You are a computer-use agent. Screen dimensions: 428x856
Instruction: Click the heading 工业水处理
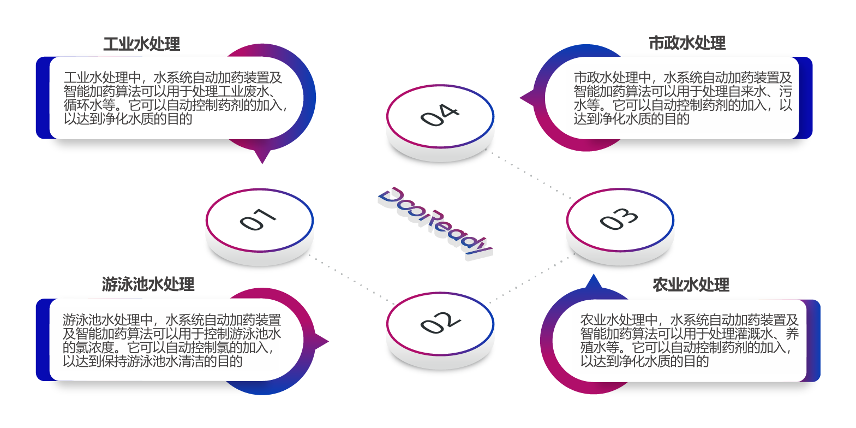click(x=142, y=44)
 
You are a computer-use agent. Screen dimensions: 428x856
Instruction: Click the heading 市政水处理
click(x=687, y=43)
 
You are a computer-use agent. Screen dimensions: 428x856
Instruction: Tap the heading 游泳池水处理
click(x=148, y=284)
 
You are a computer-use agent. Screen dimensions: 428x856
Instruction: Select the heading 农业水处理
click(x=691, y=284)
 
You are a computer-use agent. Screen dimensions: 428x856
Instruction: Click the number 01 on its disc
click(x=259, y=219)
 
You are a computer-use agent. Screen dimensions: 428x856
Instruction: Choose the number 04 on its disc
click(x=440, y=115)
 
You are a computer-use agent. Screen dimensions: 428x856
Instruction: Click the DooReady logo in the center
click(x=435, y=222)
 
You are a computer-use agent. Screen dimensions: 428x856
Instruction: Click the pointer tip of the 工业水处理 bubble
click(x=262, y=162)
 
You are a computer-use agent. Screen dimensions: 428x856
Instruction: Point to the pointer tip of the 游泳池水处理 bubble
click(x=327, y=342)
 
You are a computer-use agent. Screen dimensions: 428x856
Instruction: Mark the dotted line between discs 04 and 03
click(x=529, y=175)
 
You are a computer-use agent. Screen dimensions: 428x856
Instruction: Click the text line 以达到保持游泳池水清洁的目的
click(x=152, y=361)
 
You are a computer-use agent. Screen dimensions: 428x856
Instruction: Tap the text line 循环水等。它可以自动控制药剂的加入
click(x=175, y=105)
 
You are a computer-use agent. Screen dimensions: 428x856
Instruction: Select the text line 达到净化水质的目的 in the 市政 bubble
click(x=631, y=119)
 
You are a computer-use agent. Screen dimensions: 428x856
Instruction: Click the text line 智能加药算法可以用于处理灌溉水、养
click(x=689, y=334)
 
